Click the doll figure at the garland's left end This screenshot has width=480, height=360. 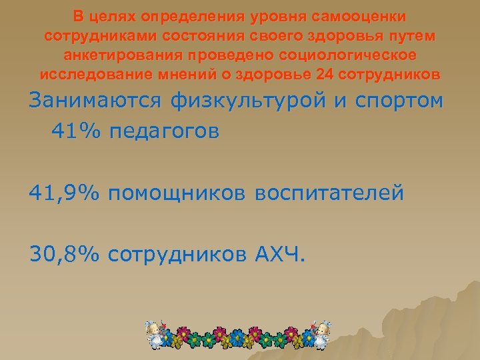click(x=155, y=334)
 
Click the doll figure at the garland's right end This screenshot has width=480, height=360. click(x=323, y=334)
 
